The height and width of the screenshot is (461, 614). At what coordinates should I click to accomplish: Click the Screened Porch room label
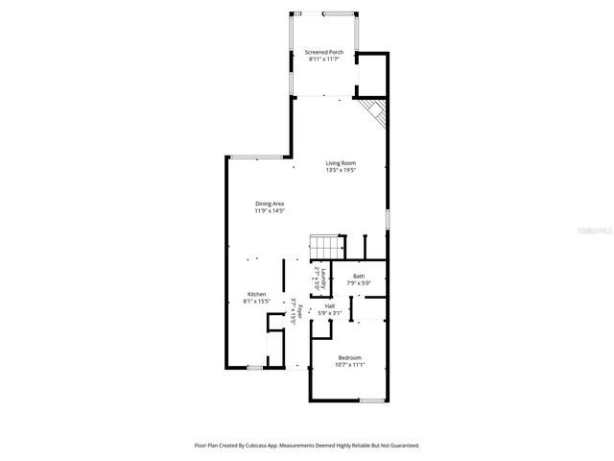coord(324,52)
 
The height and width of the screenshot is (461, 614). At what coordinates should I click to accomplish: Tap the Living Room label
coord(341,163)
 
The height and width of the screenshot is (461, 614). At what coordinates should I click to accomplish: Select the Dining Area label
coord(270,204)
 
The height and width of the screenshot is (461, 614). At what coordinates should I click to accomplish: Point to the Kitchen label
coord(257,294)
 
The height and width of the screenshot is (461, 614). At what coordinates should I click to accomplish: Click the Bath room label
coord(358,277)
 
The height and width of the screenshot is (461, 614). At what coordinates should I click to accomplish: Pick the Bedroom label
coord(349,357)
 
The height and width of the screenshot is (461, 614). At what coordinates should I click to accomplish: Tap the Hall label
coord(330,306)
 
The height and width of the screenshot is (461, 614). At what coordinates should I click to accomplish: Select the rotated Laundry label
coord(325,276)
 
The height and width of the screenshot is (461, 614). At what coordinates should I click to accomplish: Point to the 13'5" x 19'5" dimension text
coord(341,171)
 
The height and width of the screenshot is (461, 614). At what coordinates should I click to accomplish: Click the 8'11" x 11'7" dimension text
coord(324,60)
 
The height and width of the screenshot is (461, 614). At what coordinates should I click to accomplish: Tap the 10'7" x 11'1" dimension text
coord(349,365)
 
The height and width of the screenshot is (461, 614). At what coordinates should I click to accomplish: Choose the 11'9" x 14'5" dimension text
coord(270,211)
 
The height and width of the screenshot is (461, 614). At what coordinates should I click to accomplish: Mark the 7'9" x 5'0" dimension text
coord(358,283)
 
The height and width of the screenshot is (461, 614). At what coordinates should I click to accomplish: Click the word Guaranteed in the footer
coord(401,446)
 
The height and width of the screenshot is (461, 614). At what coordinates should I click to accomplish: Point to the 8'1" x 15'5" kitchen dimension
coord(257,302)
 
